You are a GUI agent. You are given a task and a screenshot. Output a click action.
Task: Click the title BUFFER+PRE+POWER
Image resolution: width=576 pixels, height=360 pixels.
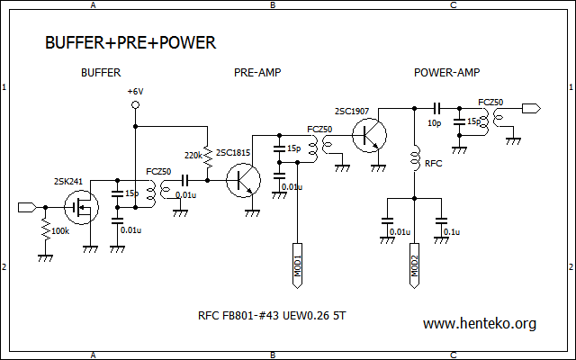tap(130, 42)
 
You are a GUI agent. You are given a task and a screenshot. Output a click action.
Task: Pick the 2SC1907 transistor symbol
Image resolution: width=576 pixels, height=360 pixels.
tap(368, 134)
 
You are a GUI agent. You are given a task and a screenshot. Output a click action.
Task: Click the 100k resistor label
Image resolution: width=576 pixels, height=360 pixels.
tap(60, 231)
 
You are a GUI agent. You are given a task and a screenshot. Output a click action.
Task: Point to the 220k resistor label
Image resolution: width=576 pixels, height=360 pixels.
tap(193, 155)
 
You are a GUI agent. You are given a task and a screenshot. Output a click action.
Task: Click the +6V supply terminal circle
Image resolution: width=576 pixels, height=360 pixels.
tap(135, 105)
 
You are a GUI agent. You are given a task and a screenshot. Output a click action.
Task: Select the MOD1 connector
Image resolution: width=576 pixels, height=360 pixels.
tap(296, 263)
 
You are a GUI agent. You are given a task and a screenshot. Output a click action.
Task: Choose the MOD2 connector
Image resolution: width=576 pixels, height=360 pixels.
tap(414, 263)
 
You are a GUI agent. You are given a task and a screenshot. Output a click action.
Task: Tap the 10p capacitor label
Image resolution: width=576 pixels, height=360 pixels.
tap(434, 122)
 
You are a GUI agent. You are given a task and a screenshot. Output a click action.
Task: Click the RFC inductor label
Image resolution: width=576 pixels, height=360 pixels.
tap(433, 165)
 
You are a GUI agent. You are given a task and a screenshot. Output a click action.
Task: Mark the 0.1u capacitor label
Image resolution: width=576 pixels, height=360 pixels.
tap(451, 232)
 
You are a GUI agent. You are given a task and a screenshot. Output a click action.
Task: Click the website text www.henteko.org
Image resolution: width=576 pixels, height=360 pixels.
tap(479, 323)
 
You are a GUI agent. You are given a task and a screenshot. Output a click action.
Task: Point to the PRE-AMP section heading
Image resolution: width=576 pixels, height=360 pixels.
tap(256, 72)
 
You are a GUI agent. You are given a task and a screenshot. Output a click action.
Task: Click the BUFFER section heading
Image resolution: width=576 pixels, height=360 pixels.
tap(101, 72)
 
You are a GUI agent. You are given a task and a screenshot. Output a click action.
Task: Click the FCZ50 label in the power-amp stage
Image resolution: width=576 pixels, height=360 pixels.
tap(490, 103)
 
